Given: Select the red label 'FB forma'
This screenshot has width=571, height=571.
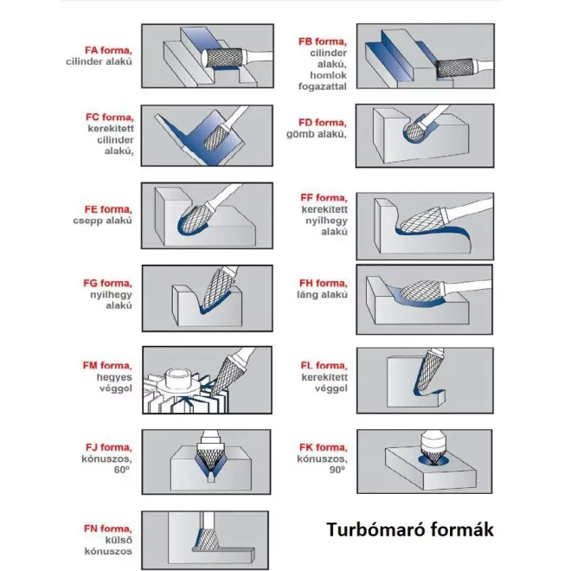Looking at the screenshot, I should (x=322, y=42).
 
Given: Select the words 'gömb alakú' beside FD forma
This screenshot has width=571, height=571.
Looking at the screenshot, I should (x=321, y=134).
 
